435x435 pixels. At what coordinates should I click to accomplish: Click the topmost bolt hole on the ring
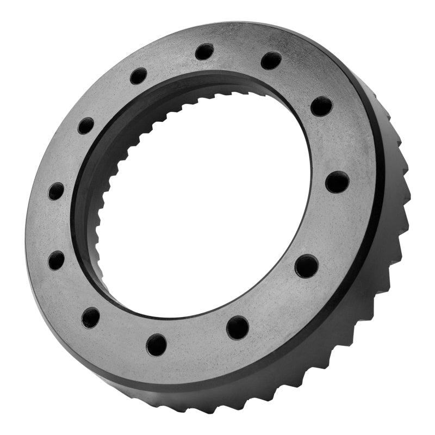[x=204, y=52]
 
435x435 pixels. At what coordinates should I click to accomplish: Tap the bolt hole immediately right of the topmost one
[x=271, y=60]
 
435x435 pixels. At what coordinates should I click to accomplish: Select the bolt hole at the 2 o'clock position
[x=321, y=105]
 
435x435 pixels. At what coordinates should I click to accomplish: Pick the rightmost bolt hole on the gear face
[x=337, y=182]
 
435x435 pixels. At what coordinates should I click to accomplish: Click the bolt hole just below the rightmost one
[x=307, y=266]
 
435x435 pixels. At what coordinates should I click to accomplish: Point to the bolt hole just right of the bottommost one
[x=238, y=327]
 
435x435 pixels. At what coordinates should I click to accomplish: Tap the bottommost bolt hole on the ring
[x=157, y=345]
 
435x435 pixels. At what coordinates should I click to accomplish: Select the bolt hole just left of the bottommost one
[x=91, y=317]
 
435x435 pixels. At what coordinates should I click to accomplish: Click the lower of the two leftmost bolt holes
[x=56, y=260]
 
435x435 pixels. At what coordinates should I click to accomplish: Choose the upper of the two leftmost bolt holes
[x=56, y=191]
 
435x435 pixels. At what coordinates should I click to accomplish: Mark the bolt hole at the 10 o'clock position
[x=86, y=126]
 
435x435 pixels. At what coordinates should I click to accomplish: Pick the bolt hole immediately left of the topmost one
[x=139, y=76]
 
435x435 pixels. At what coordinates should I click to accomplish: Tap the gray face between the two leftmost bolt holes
[x=54, y=226]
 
